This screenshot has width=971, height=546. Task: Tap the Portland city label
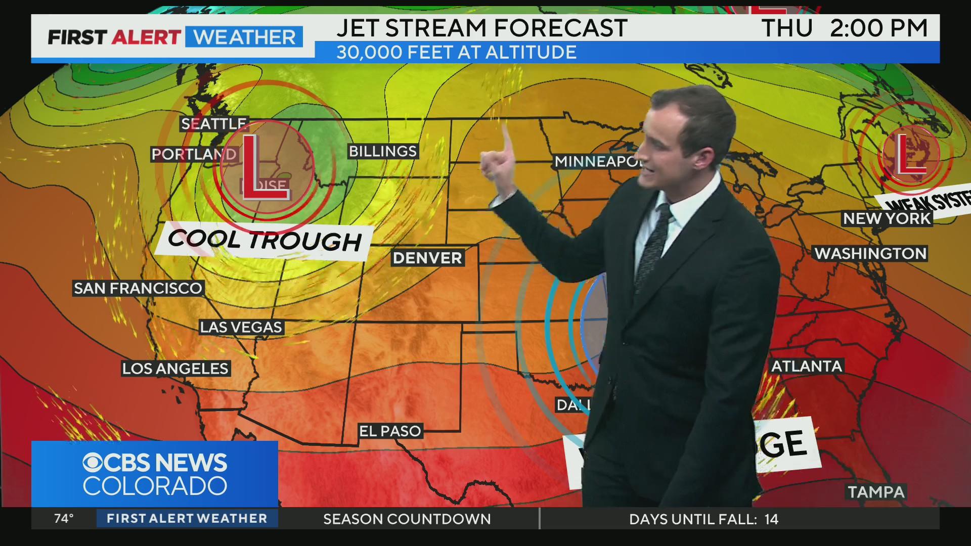tap(194, 154)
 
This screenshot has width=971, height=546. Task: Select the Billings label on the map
tap(383, 151)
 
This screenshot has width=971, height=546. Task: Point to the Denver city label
tap(427, 258)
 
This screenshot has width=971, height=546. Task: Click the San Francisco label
tap(138, 288)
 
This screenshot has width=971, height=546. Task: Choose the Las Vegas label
tap(241, 327)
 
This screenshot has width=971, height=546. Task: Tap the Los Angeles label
tap(175, 369)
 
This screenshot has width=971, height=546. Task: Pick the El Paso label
tap(390, 431)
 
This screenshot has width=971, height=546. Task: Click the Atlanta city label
tap(806, 366)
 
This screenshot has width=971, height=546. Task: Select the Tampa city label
tap(876, 492)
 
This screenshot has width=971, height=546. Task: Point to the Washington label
tap(870, 253)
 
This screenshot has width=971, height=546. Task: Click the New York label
tap(887, 218)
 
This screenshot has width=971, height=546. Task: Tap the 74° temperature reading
tap(64, 519)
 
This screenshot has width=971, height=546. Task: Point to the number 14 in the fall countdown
tap(771, 519)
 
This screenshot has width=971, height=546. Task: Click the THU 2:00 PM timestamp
tap(845, 28)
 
